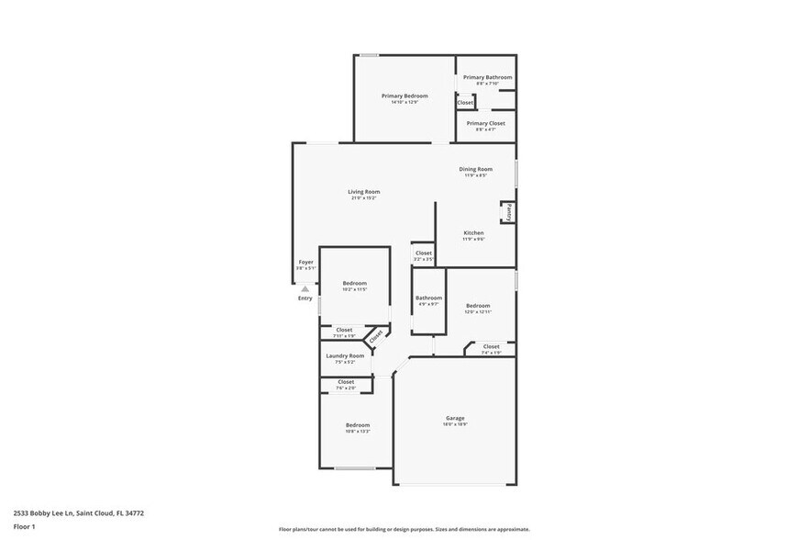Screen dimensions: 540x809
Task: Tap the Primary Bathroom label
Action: [x=487, y=77]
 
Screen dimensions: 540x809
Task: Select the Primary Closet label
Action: [x=485, y=123]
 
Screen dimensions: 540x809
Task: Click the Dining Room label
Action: [x=475, y=169]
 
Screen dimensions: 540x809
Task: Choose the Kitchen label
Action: [x=473, y=233]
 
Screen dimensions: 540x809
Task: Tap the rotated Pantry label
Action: [x=507, y=211]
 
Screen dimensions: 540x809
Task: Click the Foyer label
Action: [x=305, y=263]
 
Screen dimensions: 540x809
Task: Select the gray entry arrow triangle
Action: [x=305, y=287]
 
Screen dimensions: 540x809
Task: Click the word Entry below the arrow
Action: [x=305, y=298]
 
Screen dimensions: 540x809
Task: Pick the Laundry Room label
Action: [x=345, y=355]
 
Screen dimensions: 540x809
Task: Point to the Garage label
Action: [x=455, y=418]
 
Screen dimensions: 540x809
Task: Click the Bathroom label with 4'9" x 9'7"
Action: [x=428, y=298]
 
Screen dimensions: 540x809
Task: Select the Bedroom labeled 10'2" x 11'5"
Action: [x=355, y=283]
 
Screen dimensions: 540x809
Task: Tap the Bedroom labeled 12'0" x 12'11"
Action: [x=477, y=306]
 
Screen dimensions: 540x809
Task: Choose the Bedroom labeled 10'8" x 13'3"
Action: [x=357, y=425]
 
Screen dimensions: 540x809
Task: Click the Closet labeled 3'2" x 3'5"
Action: [x=423, y=253]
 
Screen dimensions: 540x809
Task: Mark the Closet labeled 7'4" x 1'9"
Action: [x=491, y=346]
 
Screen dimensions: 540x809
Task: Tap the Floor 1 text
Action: [x=24, y=526]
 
